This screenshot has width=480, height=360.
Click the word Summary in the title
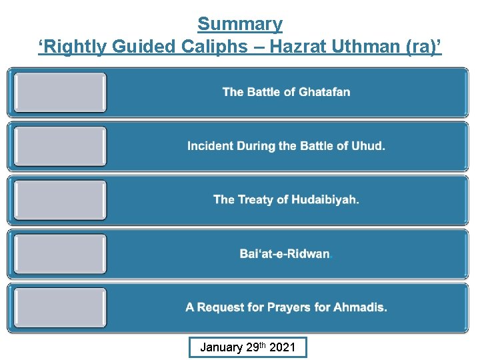(x=240, y=24)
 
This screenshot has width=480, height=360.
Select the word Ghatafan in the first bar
(x=325, y=92)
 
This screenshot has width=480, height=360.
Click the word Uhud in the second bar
(x=369, y=146)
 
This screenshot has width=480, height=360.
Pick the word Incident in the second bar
(x=210, y=146)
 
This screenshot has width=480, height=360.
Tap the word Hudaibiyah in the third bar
(x=323, y=199)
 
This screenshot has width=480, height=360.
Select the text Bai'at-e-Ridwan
(x=285, y=254)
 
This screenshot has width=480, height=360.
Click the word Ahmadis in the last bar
(x=361, y=307)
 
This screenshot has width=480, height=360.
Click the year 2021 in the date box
(x=282, y=347)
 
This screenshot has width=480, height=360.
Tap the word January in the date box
(x=221, y=347)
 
